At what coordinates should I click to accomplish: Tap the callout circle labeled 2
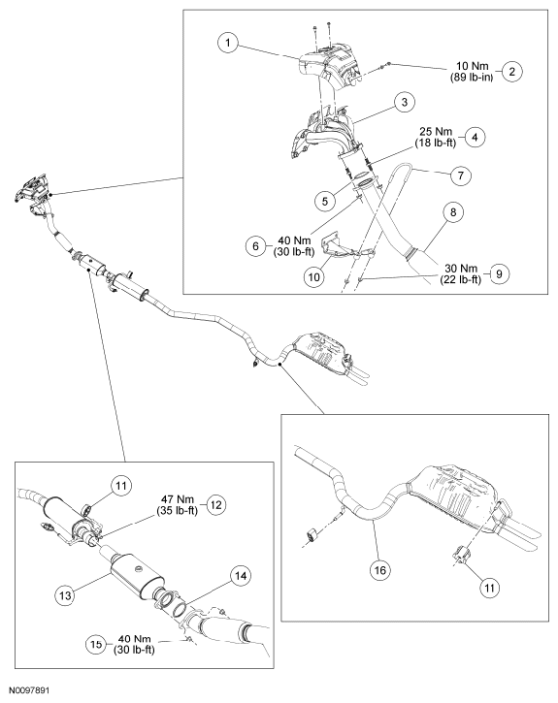pos(512,72)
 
